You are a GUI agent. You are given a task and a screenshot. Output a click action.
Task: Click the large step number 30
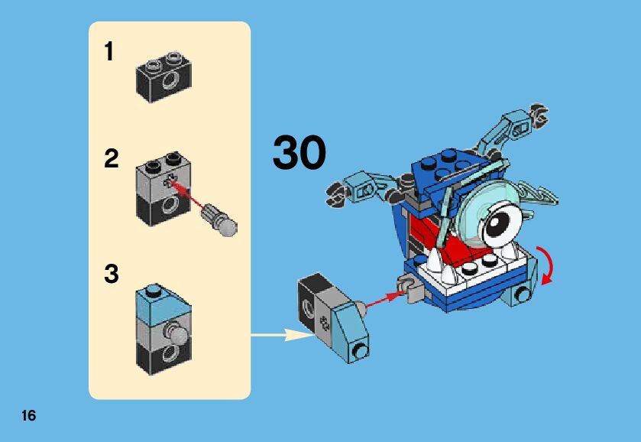tap(299, 153)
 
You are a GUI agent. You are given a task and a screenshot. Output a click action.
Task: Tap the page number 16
tap(29, 416)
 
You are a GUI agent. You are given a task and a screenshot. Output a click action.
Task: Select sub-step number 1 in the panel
tap(109, 53)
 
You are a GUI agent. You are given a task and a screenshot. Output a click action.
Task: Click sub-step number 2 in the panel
tap(112, 160)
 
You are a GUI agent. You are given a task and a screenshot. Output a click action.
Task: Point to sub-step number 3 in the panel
tap(112, 275)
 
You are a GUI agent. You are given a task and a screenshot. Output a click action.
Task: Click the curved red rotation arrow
tap(547, 266)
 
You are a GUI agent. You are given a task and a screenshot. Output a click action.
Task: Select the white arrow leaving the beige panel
tap(279, 334)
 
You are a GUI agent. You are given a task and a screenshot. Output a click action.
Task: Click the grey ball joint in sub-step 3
tap(178, 336)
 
